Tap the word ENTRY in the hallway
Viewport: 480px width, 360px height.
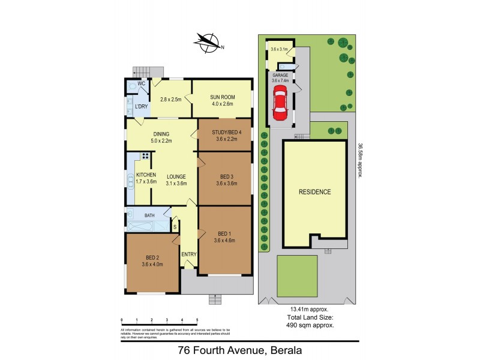click(x=189, y=254)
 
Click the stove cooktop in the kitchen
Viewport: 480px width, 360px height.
click(x=145, y=156)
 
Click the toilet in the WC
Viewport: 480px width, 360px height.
click(x=132, y=86)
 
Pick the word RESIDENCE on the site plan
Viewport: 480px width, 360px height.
click(x=315, y=192)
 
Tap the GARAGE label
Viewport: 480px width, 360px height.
click(x=280, y=75)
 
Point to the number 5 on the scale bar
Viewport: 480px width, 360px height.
click(x=197, y=320)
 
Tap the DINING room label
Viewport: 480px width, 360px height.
click(x=161, y=134)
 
